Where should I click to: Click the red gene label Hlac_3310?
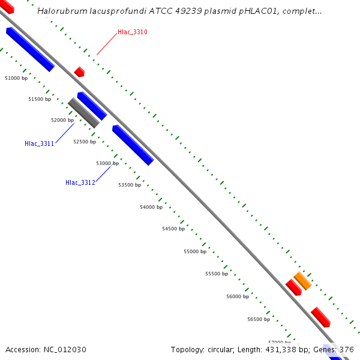pyautogui.click(x=133, y=32)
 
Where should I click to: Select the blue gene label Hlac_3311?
pyautogui.click(x=40, y=143)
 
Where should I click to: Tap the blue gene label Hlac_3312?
pyautogui.click(x=80, y=182)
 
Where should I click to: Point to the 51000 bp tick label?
pyautogui.click(x=16, y=78)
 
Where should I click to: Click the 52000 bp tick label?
pyautogui.click(x=62, y=120)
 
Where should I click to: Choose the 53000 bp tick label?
pyautogui.click(x=107, y=163)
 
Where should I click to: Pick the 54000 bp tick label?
pyautogui.click(x=151, y=207)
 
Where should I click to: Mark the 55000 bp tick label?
pyautogui.click(x=195, y=251)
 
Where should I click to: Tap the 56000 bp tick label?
pyautogui.click(x=238, y=296)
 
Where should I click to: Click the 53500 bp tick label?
pyautogui.click(x=130, y=185)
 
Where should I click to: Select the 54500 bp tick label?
pyautogui.click(x=173, y=229)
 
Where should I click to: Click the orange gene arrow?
pyautogui.click(x=302, y=280)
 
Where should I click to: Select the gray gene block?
pyautogui.click(x=83, y=113)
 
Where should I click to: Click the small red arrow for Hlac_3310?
pyautogui.click(x=79, y=72)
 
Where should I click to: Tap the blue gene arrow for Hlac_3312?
pyautogui.click(x=133, y=145)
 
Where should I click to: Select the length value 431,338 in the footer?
pyautogui.click(x=285, y=349)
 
